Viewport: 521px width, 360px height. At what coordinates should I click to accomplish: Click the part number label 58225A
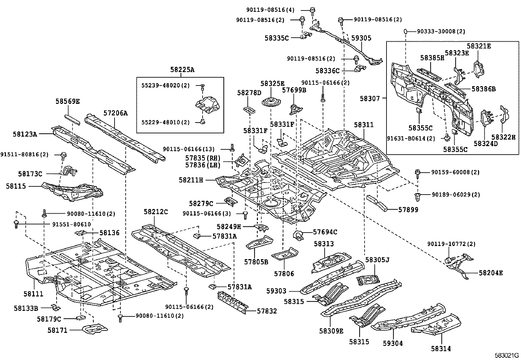pos(182,69)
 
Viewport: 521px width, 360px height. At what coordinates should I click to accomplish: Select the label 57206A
pos(116,113)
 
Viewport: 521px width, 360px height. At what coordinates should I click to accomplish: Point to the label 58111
pos(33,294)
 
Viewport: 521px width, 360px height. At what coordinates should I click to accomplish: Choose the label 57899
pos(408,210)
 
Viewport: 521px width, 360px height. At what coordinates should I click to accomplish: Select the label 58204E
pos(491,273)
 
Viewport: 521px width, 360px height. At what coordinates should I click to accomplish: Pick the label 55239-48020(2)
pos(165,85)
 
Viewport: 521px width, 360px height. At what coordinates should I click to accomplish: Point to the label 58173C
pos(30,174)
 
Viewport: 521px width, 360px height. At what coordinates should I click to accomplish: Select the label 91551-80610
pos(72,224)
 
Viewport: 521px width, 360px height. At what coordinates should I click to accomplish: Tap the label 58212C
pos(155,212)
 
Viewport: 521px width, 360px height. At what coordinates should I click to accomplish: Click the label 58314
pos(440,349)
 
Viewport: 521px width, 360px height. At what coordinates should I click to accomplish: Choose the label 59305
pos(361,38)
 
